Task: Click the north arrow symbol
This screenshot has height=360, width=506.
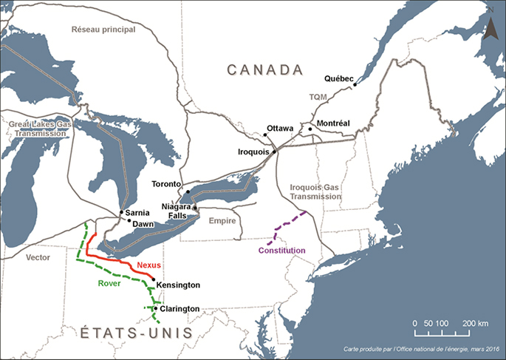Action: coord(489,27)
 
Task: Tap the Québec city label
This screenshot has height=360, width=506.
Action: coord(339,78)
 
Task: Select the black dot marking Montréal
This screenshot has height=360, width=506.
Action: coord(311,129)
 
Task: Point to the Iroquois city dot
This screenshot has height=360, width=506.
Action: coord(274,152)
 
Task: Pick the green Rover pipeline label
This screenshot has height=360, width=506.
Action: coord(110,282)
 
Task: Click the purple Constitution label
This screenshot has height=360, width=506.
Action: coord(281,251)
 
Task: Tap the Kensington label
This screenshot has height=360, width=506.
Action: coord(179,285)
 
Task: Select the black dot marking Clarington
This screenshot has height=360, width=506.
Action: coord(155,309)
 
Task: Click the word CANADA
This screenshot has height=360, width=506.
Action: coord(266,69)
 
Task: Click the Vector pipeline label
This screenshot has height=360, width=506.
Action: coord(37,257)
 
